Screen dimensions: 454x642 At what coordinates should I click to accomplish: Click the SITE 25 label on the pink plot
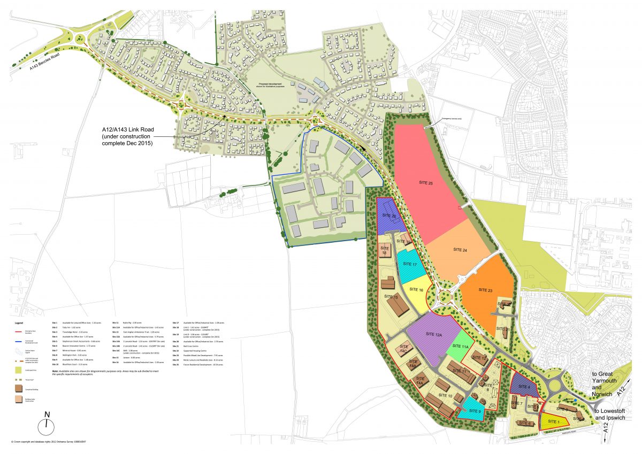click(426, 183)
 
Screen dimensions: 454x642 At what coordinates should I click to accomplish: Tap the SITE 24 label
click(460, 250)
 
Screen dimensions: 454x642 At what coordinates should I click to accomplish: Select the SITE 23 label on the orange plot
click(483, 290)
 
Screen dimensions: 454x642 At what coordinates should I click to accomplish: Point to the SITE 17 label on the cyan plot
click(410, 264)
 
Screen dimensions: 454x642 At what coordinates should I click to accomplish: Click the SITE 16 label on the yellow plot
click(416, 289)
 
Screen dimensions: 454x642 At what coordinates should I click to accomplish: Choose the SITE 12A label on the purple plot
click(434, 334)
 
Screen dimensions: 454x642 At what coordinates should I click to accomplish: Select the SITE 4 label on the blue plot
click(524, 387)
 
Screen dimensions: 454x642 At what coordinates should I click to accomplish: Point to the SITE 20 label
click(389, 216)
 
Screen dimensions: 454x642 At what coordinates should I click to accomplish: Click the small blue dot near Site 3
click(575, 400)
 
